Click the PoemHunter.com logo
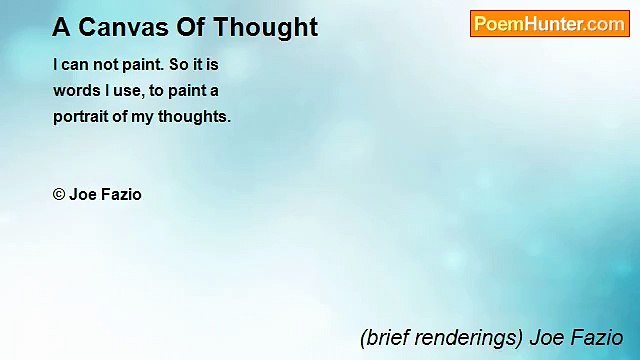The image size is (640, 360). pos(549,24)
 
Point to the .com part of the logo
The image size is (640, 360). pos(606,24)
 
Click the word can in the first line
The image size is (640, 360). pos(75,64)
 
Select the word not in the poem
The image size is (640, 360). pos(106,64)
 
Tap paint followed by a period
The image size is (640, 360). pos(145,64)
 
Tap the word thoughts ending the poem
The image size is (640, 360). pos(197,116)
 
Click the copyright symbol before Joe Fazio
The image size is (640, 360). pos(59,195)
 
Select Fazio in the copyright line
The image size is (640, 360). pos(121,195)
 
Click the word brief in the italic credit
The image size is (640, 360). pos(386,338)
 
